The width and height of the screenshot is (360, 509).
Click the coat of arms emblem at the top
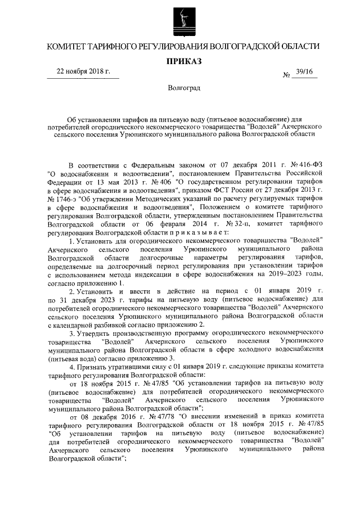(181, 19)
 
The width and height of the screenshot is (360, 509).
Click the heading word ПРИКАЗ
(181, 60)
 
